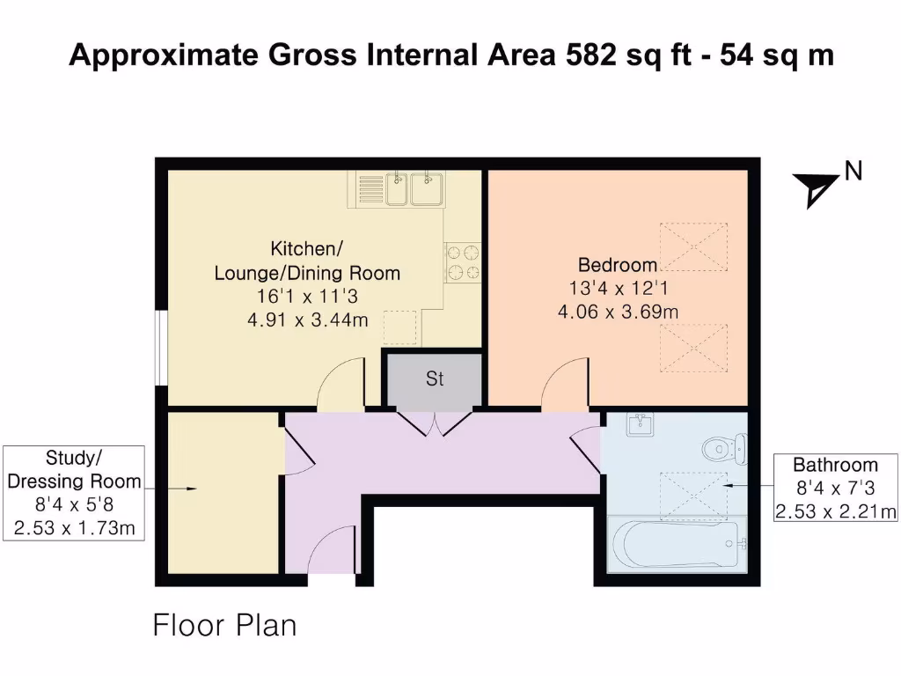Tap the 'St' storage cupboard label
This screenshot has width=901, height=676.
(435, 378)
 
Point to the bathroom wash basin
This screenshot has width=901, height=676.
(639, 423)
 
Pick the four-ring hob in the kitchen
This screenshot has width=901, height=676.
(463, 261)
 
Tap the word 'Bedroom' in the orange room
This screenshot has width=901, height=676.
(618, 265)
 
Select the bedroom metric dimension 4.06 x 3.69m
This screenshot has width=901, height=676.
(618, 312)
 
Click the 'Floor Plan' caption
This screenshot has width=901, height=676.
(224, 626)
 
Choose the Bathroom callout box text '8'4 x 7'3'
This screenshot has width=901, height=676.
(835, 488)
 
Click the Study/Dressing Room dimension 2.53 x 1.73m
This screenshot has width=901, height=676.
(74, 528)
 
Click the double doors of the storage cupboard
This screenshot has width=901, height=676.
(435, 423)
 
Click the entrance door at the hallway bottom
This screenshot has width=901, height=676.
(330, 550)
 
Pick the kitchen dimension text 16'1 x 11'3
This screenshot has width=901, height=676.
(307, 297)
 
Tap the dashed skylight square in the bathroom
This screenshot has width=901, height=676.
(693, 496)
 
